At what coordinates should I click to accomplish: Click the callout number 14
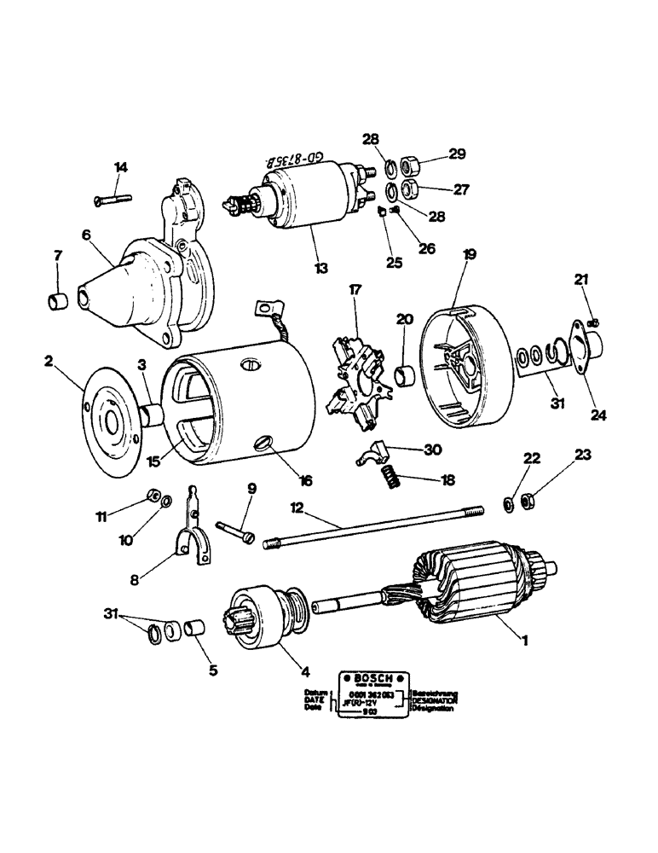click(x=120, y=168)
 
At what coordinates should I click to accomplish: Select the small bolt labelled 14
click(x=112, y=200)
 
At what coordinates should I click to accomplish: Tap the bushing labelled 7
click(x=58, y=301)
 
